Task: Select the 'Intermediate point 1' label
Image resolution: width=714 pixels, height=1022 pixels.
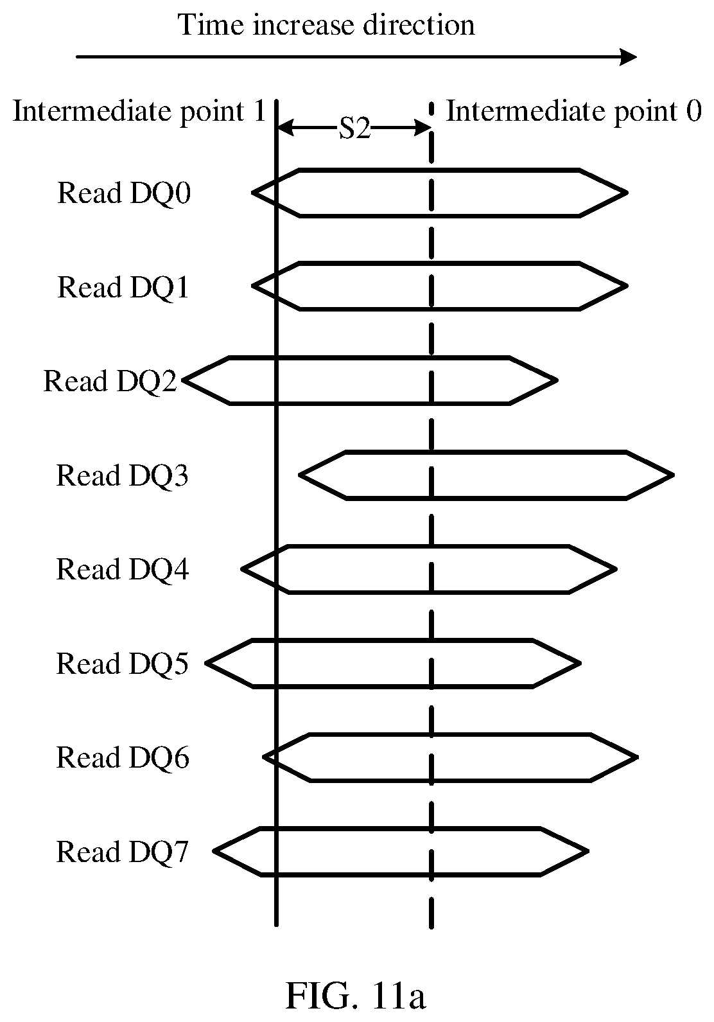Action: click(x=139, y=112)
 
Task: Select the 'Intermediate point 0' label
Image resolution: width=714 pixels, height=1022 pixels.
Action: click(x=573, y=112)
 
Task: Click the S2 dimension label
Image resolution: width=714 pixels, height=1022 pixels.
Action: click(x=354, y=128)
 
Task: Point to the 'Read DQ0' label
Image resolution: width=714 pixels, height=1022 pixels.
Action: click(x=124, y=193)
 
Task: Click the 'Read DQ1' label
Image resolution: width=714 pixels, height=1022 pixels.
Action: click(x=123, y=287)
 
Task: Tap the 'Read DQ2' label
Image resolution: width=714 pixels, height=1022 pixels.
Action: click(x=110, y=382)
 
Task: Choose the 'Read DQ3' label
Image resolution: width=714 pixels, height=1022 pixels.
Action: click(x=122, y=476)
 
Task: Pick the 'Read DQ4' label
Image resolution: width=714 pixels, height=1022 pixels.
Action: click(x=122, y=570)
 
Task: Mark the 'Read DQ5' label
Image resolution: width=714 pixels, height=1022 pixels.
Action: click(x=122, y=664)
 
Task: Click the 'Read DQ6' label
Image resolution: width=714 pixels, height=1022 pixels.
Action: click(x=122, y=758)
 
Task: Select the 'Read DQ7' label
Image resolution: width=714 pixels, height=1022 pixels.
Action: click(x=122, y=852)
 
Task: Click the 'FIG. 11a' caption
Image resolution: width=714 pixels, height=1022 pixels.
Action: click(x=356, y=994)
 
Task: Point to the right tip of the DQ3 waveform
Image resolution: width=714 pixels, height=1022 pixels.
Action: click(x=674, y=475)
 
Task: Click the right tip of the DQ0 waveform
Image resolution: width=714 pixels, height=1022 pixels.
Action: click(x=627, y=193)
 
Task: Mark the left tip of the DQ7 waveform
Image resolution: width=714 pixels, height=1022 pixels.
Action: click(x=214, y=851)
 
